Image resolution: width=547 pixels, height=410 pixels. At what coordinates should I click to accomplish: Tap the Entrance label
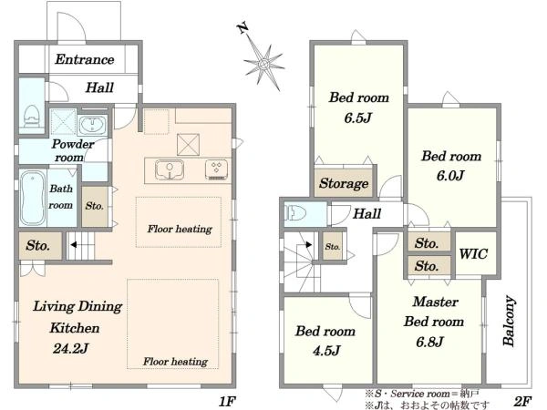(x=85, y=59)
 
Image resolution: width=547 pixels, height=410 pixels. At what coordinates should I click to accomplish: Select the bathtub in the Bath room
(x=33, y=198)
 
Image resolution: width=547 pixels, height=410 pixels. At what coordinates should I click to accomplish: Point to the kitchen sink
(x=170, y=169)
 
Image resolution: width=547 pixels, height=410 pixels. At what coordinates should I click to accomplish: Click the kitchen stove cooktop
(x=216, y=169)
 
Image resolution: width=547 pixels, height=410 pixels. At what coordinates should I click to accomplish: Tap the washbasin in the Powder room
(x=92, y=125)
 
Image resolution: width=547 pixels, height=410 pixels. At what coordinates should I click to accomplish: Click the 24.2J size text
(x=71, y=348)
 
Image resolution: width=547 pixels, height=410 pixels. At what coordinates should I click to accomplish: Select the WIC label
(x=473, y=254)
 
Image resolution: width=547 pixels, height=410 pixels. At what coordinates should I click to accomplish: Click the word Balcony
(x=509, y=321)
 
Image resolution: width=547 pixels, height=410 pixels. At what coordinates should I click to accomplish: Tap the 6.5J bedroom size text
(x=358, y=118)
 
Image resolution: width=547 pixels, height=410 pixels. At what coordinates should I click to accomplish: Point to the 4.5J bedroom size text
(x=326, y=350)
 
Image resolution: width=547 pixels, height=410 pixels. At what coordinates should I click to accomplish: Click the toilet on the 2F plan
(x=295, y=212)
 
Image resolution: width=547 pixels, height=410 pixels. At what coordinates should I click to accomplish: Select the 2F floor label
(x=523, y=401)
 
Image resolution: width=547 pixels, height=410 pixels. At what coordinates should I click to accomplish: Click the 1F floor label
(x=227, y=402)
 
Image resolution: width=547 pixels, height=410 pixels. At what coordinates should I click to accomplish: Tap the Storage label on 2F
(x=344, y=183)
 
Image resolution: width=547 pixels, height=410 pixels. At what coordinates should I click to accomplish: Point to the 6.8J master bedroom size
(x=429, y=342)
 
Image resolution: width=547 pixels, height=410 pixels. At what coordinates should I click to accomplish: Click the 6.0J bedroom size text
(x=450, y=175)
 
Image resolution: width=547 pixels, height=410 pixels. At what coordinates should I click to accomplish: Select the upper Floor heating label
(x=180, y=229)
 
